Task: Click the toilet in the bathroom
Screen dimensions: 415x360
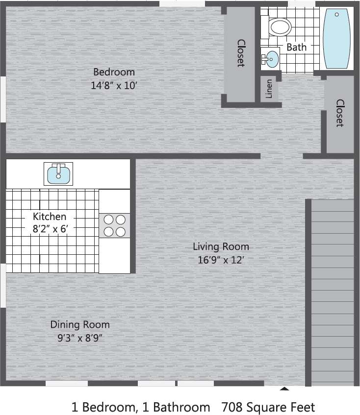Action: [281, 26]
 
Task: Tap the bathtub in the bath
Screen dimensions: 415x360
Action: [337, 39]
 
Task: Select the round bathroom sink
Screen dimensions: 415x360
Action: [270, 59]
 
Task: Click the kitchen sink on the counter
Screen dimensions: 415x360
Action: [58, 174]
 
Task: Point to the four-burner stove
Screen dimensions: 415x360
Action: [114, 225]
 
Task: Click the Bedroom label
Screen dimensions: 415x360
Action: [114, 72]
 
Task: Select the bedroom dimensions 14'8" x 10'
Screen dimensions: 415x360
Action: [114, 85]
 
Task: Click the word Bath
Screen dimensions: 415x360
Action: [296, 47]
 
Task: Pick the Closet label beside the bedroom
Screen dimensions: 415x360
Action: [241, 53]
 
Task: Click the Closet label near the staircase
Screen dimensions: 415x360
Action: [339, 113]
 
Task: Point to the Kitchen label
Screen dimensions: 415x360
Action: [49, 216]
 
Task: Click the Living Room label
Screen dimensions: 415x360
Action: [221, 246]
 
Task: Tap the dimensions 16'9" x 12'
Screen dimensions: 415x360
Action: [221, 260]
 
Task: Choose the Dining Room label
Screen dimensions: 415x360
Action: [80, 324]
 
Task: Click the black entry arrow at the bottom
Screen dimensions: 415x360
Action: [284, 389]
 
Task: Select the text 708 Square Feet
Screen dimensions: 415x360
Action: [268, 407]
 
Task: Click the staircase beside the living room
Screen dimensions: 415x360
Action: [333, 292]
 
